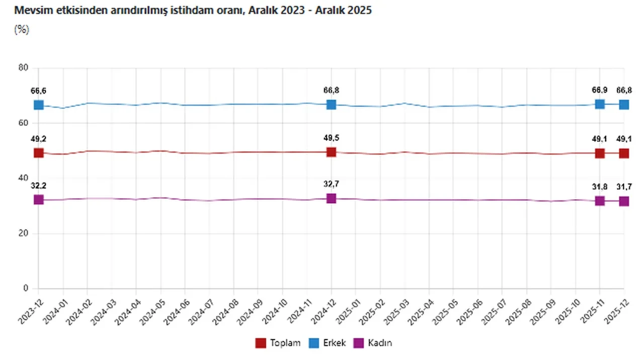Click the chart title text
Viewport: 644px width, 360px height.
point(193,10)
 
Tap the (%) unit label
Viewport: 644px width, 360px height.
point(22,29)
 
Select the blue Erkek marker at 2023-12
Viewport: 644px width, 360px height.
point(39,105)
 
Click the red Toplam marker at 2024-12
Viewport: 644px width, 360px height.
point(331,152)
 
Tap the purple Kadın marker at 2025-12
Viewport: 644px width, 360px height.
point(624,201)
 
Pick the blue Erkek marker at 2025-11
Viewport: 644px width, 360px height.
point(600,104)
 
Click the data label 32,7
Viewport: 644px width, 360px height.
point(331,184)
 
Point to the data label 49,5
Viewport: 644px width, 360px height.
point(331,138)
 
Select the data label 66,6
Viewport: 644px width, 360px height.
point(39,91)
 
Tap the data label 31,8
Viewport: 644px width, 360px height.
point(600,187)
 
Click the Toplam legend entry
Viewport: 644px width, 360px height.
point(278,343)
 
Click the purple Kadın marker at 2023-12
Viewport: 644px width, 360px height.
point(39,199)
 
